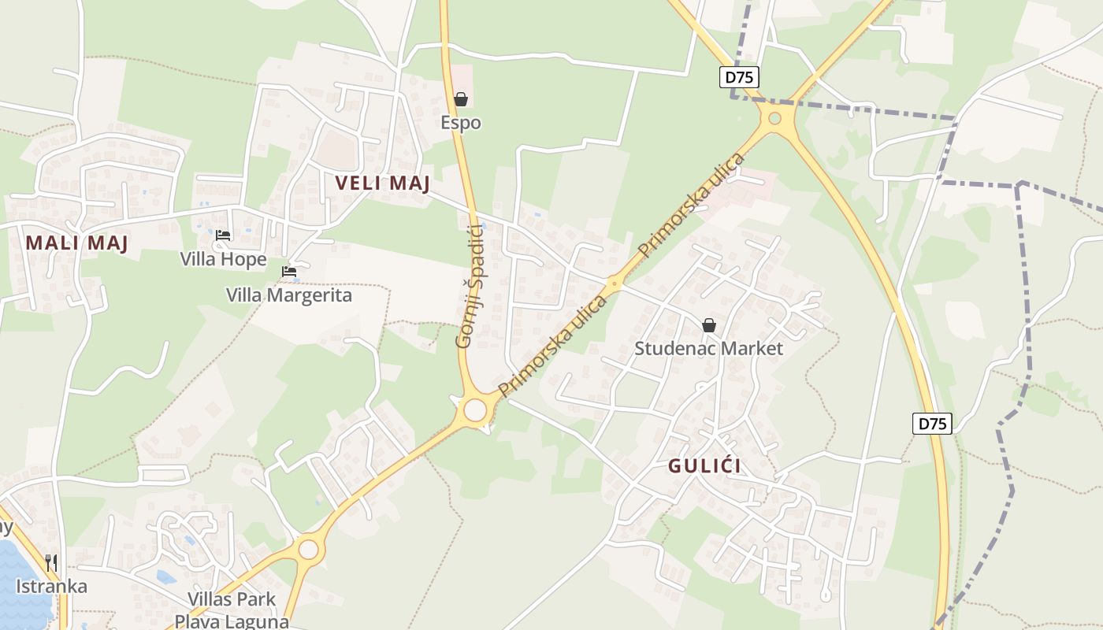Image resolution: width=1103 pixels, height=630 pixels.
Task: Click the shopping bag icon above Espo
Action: click(x=461, y=99)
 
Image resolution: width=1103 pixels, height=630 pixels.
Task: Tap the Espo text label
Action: click(x=461, y=123)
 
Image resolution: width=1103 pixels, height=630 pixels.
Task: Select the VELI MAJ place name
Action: click(x=383, y=183)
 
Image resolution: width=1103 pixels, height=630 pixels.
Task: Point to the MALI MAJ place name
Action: click(x=76, y=243)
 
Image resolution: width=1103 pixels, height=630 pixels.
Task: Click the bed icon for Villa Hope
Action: click(x=223, y=235)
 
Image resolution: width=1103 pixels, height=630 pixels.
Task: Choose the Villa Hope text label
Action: click(x=223, y=259)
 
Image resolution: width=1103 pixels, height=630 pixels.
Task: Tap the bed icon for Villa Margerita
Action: click(x=289, y=272)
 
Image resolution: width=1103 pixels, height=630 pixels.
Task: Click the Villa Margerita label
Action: click(x=289, y=295)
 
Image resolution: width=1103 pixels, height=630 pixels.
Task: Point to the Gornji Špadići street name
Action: click(x=469, y=286)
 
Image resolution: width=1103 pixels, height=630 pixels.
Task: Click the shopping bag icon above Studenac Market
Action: click(x=709, y=324)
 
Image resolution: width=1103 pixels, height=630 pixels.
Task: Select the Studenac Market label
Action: click(x=709, y=348)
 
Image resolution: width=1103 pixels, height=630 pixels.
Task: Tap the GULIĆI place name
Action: click(x=704, y=465)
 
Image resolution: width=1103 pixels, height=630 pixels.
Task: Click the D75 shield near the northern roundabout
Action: click(x=739, y=76)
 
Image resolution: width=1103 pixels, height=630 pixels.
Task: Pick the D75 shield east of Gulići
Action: click(x=933, y=423)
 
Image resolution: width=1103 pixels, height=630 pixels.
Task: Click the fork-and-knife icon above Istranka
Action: click(x=51, y=562)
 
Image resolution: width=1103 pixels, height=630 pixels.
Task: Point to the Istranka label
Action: click(x=51, y=587)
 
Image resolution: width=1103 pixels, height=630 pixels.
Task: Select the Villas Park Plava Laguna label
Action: click(x=232, y=610)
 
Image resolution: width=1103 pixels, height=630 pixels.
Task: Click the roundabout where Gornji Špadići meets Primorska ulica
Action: click(x=475, y=410)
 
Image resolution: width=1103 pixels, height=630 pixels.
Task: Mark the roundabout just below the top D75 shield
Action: click(x=775, y=118)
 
